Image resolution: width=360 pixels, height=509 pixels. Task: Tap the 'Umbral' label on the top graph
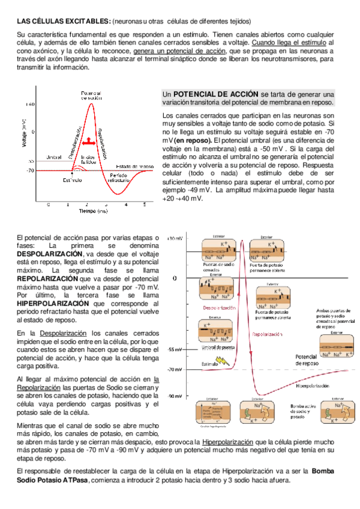54,158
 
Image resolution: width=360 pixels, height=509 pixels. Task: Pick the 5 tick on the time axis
145,204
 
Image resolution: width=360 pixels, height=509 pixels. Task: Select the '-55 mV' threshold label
175,349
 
